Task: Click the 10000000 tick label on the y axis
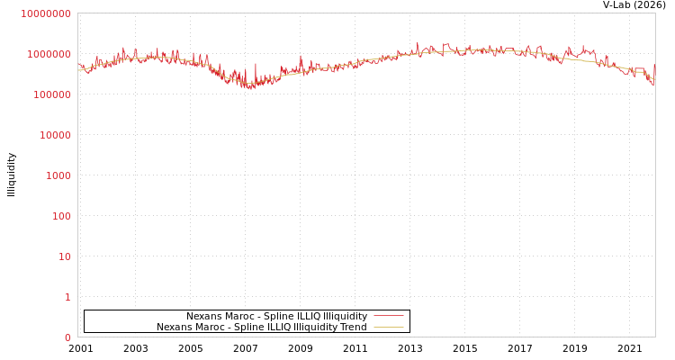coord(46,13)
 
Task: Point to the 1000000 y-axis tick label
coord(49,54)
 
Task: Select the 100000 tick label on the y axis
coord(51,94)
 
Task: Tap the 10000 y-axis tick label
coord(54,135)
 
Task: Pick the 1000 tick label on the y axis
coord(58,175)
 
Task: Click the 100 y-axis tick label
coord(60,216)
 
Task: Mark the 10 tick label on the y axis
coord(64,256)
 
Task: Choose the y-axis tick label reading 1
coord(67,297)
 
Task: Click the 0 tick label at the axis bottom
coord(67,337)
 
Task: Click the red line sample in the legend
coord(388,316)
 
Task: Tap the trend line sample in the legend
coord(388,327)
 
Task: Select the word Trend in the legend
coord(352,327)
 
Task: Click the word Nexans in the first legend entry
coord(204,316)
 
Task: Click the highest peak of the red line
coord(418,41)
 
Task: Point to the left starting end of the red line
coord(78,65)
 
